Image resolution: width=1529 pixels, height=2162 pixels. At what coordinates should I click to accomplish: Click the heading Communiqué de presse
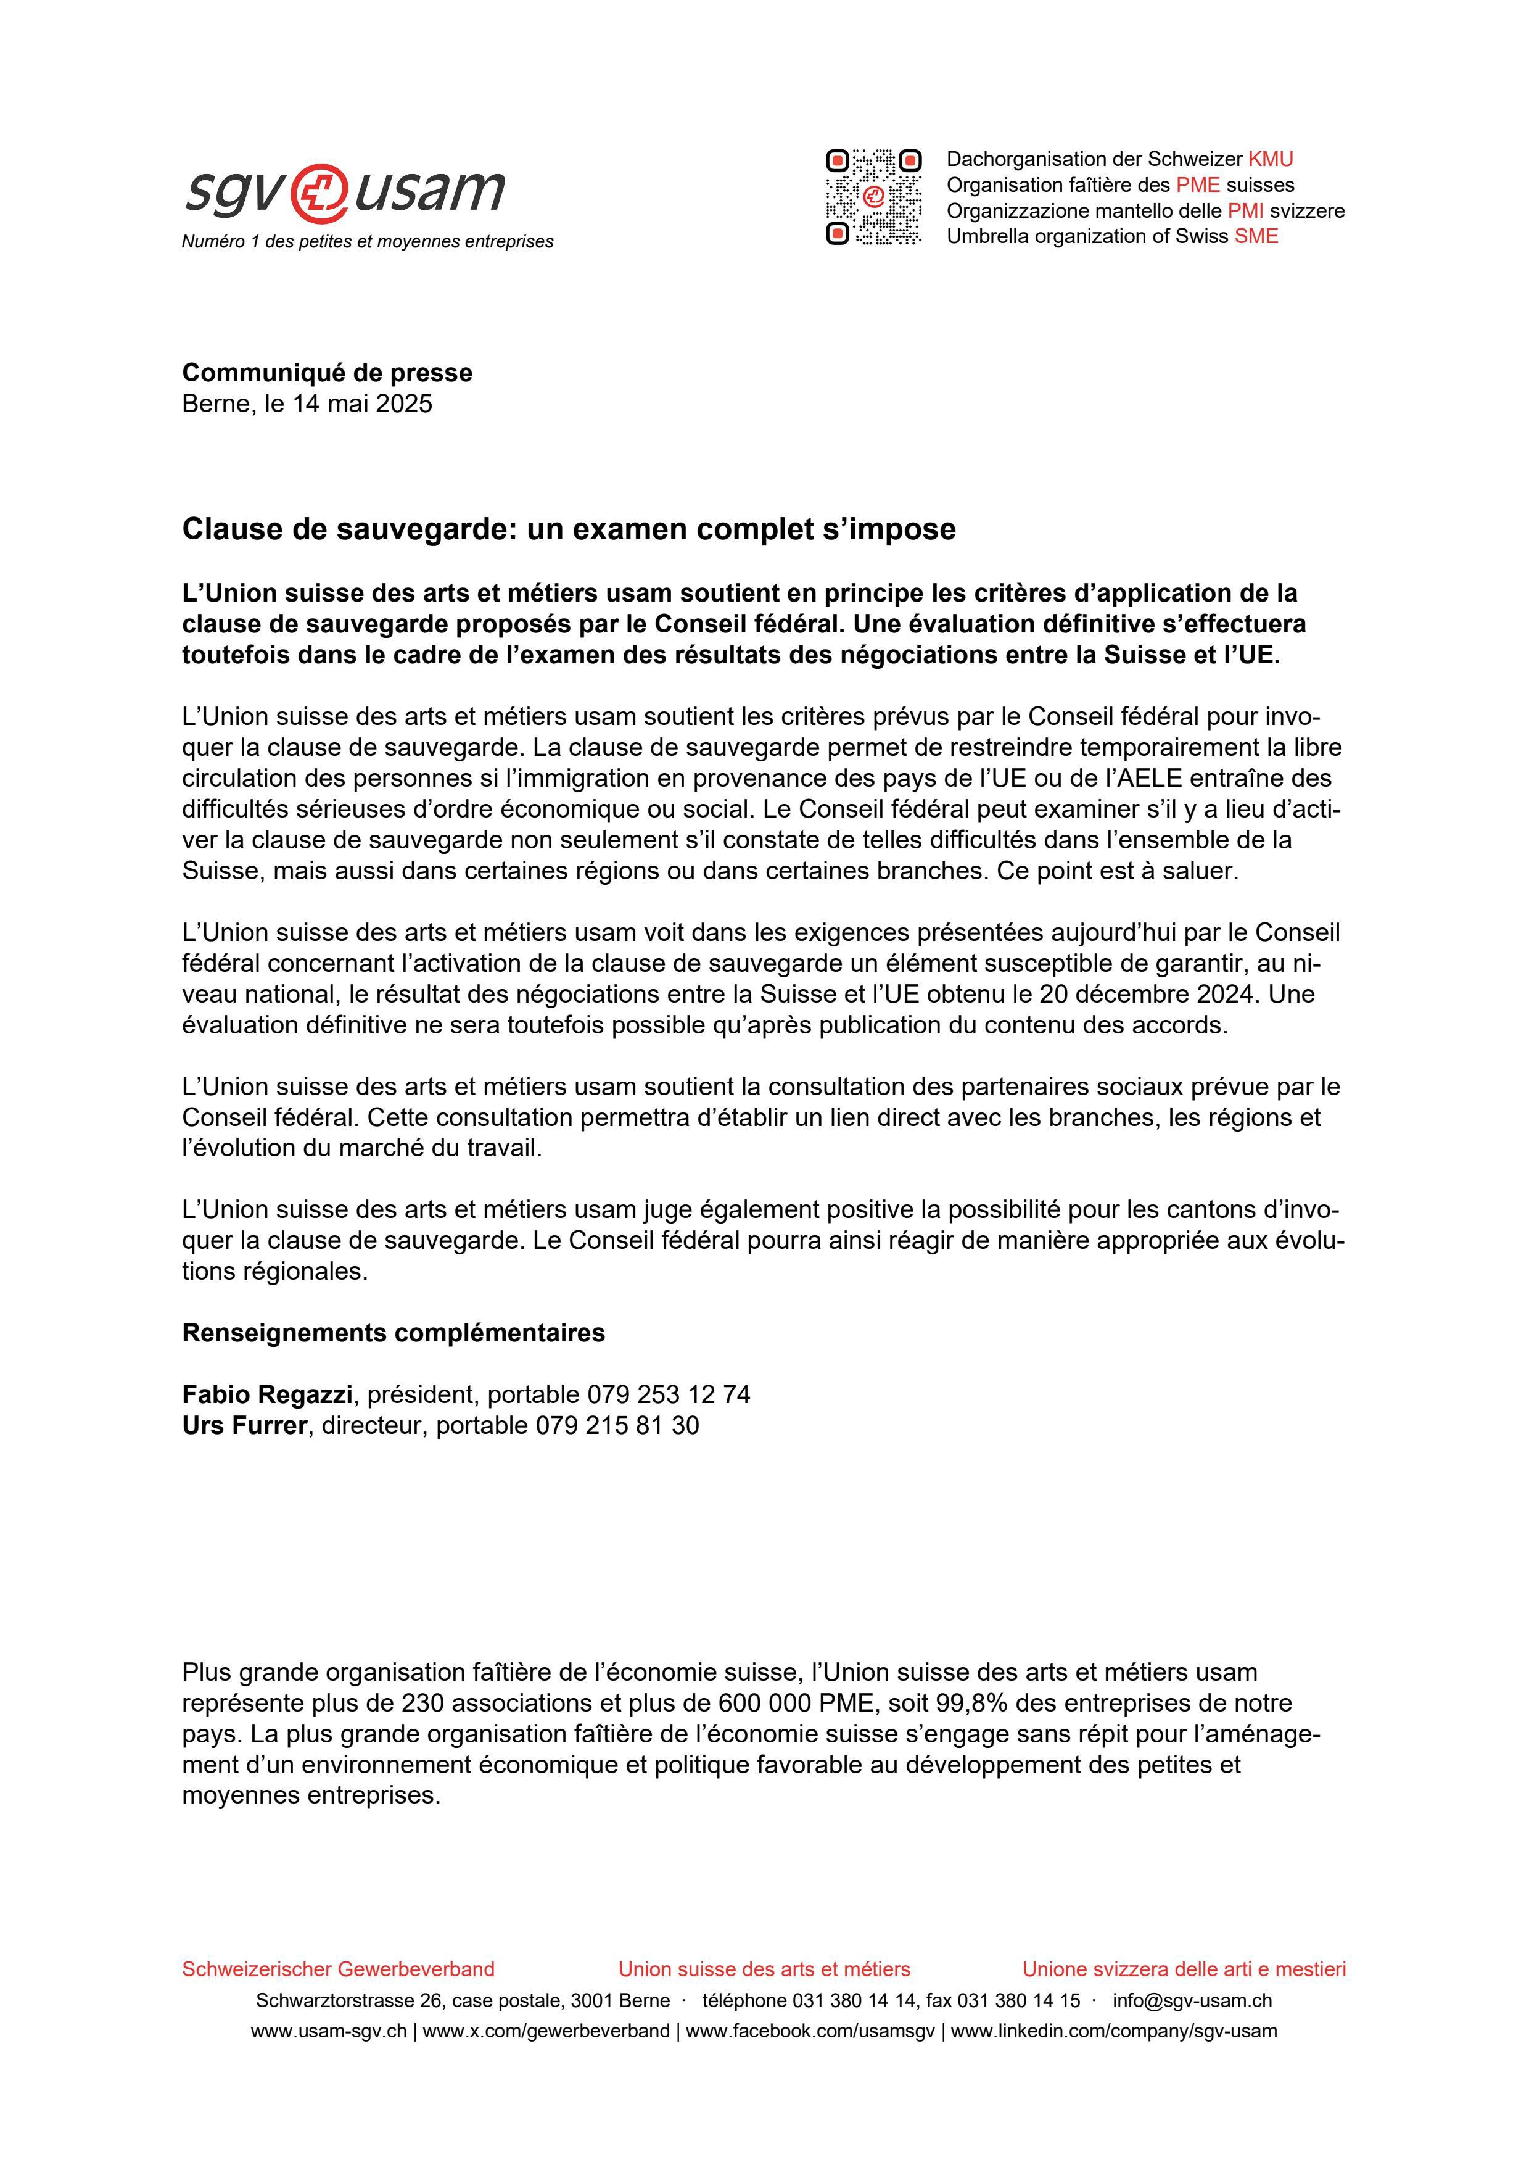click(327, 373)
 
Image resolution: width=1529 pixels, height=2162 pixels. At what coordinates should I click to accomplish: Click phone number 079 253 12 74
click(669, 1394)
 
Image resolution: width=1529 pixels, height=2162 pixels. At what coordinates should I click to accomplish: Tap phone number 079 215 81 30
click(617, 1426)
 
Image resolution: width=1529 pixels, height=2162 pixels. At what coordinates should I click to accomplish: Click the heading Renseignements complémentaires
click(393, 1333)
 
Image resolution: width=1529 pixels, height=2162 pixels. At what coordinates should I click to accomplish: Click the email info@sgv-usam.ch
click(1192, 2001)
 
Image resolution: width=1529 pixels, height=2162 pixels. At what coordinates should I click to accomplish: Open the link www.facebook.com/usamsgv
click(810, 2031)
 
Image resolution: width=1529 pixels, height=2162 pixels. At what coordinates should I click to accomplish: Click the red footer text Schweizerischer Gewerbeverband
click(338, 1969)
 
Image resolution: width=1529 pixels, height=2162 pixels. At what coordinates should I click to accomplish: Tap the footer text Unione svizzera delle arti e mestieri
click(1184, 1969)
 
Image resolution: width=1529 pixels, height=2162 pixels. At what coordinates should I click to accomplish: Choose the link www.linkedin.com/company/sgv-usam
click(1114, 2031)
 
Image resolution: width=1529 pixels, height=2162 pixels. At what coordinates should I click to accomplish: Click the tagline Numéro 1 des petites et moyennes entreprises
click(367, 242)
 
